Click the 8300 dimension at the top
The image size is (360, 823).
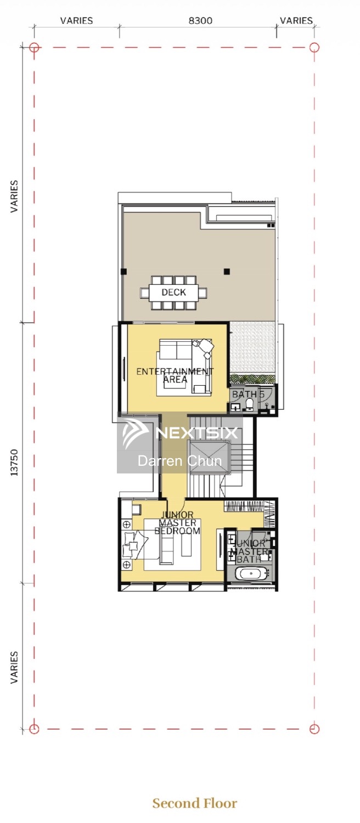(200, 21)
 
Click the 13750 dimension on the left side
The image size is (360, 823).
(14, 463)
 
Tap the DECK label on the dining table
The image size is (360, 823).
(174, 292)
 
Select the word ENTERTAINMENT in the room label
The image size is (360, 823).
(175, 371)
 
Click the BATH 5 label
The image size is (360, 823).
(248, 394)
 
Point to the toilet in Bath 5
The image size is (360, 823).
(250, 404)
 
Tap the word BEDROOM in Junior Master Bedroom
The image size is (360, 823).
(177, 531)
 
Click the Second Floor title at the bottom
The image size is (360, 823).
(195, 803)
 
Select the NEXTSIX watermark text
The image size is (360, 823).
(197, 433)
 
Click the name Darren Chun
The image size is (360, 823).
(179, 461)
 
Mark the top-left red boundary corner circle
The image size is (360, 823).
(34, 47)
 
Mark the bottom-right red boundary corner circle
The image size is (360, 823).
(314, 729)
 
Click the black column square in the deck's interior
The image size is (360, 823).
(227, 272)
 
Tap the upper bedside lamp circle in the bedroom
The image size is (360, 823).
(127, 525)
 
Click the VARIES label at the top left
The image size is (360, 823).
(76, 21)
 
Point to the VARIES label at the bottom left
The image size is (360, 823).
(14, 667)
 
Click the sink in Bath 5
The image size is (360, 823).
(235, 407)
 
